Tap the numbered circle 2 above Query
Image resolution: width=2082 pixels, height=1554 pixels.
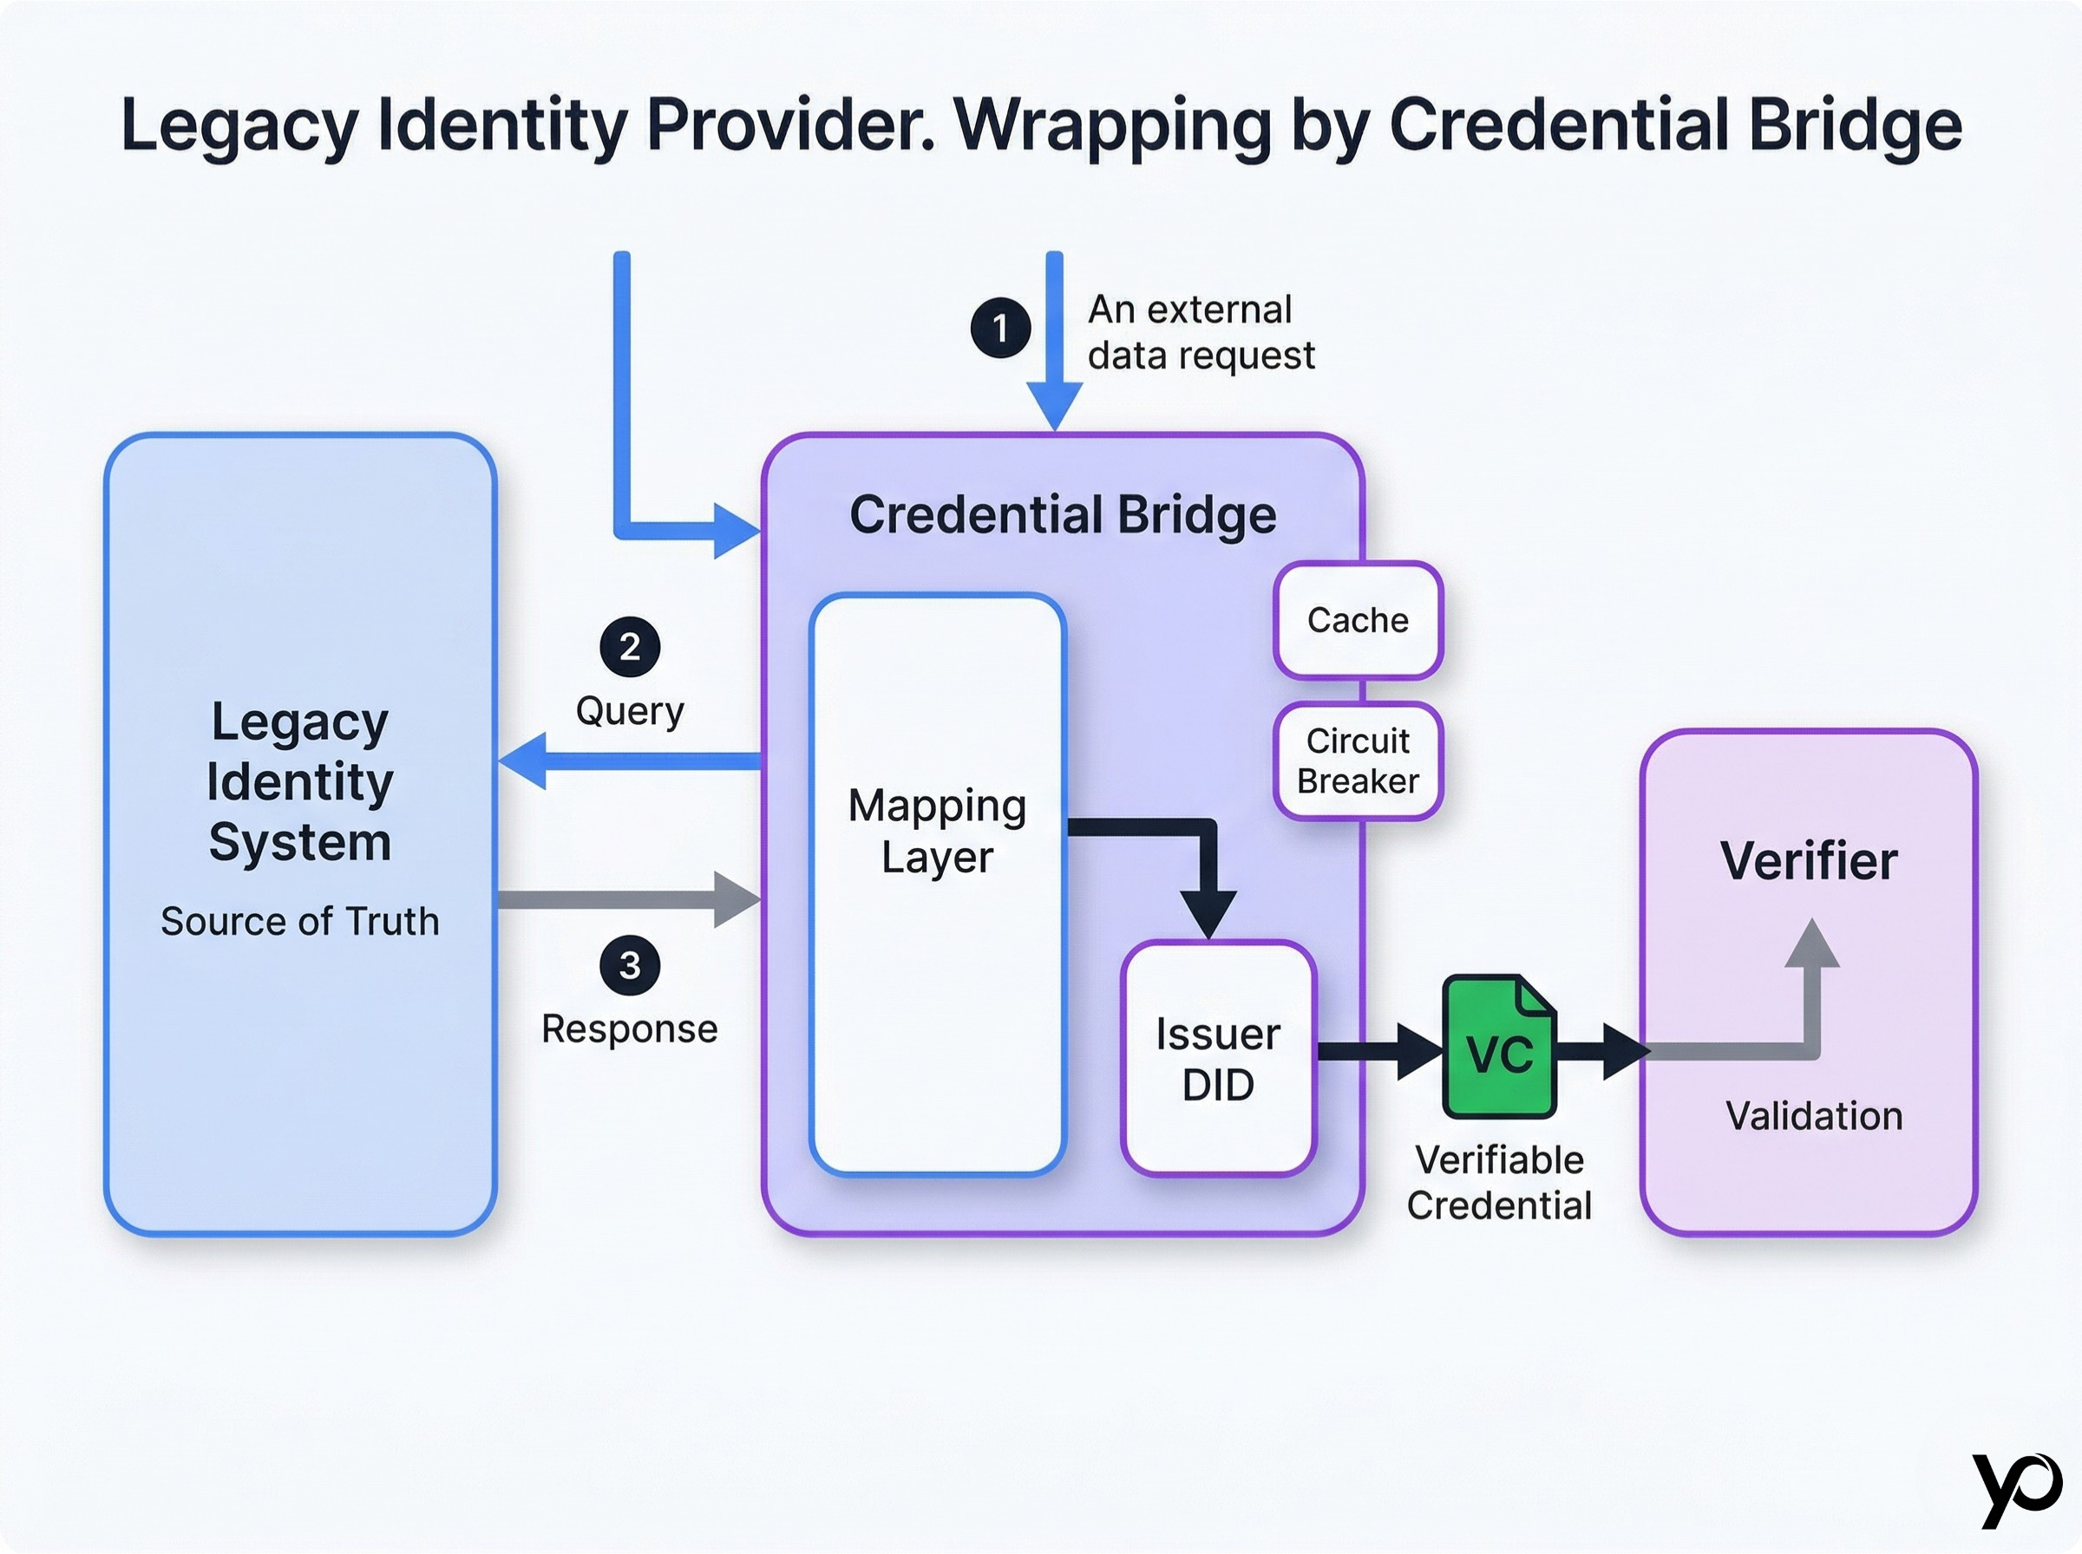[x=630, y=646]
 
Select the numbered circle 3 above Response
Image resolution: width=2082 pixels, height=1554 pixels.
[x=630, y=965]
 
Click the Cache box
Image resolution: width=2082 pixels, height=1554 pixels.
[x=1358, y=621]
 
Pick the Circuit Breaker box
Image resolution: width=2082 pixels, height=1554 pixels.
[x=1358, y=761]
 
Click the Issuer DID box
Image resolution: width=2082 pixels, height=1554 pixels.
[x=1218, y=1059]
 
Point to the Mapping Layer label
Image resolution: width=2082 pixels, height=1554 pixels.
[x=937, y=831]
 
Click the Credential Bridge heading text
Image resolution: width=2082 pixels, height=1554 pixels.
[x=1062, y=514]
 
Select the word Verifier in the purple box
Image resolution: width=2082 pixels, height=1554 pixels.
[x=1808, y=861]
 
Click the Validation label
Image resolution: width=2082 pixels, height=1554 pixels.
[x=1814, y=1116]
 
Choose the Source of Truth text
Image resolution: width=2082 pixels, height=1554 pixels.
[x=300, y=921]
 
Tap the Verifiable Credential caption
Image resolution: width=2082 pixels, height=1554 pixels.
[x=1499, y=1183]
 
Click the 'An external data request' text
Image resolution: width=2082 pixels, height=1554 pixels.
[x=1201, y=332]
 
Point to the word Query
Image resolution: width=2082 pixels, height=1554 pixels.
[x=630, y=710]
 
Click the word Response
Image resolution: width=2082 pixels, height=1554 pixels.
[x=630, y=1028]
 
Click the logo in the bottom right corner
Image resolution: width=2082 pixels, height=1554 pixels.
[x=2017, y=1489]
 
